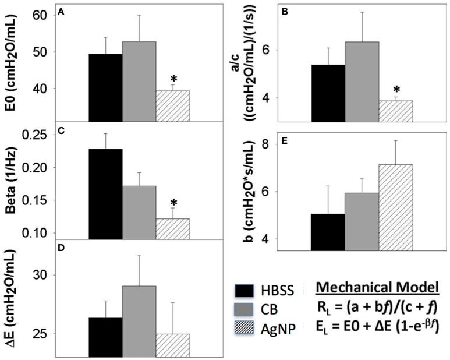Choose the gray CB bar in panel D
coord(139,321)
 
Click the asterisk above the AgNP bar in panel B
coord(396,90)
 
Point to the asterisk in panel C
coord(173,203)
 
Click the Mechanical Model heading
coord(376,290)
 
